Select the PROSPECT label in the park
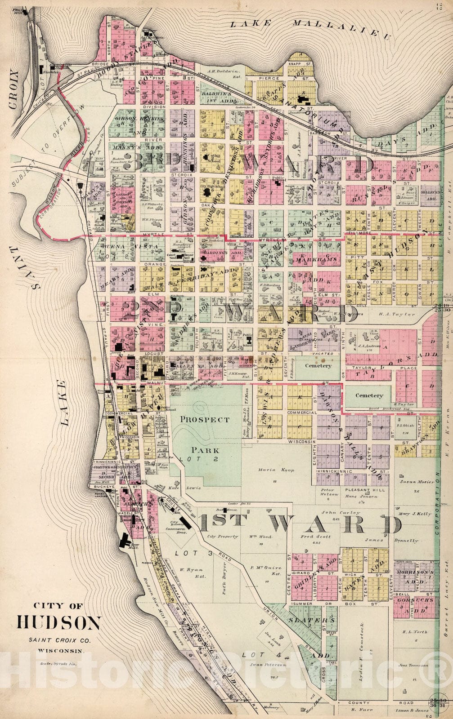[x=205, y=419]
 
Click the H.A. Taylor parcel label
[x=396, y=315]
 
